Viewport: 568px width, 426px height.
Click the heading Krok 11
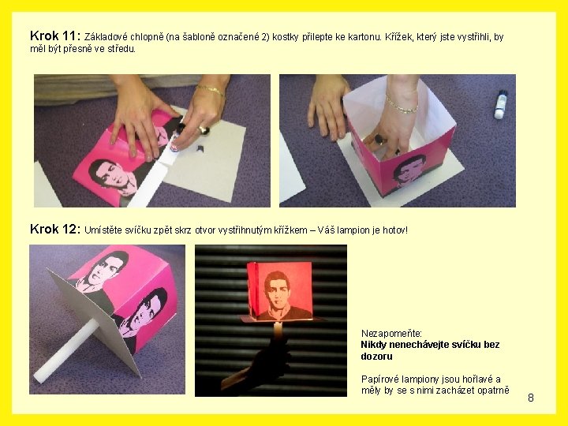tap(55, 35)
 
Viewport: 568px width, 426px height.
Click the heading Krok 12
tap(55, 230)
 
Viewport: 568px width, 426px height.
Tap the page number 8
tap(531, 398)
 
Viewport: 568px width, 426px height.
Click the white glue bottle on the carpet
tap(501, 104)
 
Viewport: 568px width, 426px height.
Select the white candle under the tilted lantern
tap(66, 350)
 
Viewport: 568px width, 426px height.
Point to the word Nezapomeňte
tap(391, 333)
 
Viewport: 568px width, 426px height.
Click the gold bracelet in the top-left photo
tap(210, 90)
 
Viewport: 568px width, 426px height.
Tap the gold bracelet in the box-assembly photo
tap(402, 104)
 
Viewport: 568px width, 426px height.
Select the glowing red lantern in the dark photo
tap(279, 292)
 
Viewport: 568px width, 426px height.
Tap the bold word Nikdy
tap(374, 345)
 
